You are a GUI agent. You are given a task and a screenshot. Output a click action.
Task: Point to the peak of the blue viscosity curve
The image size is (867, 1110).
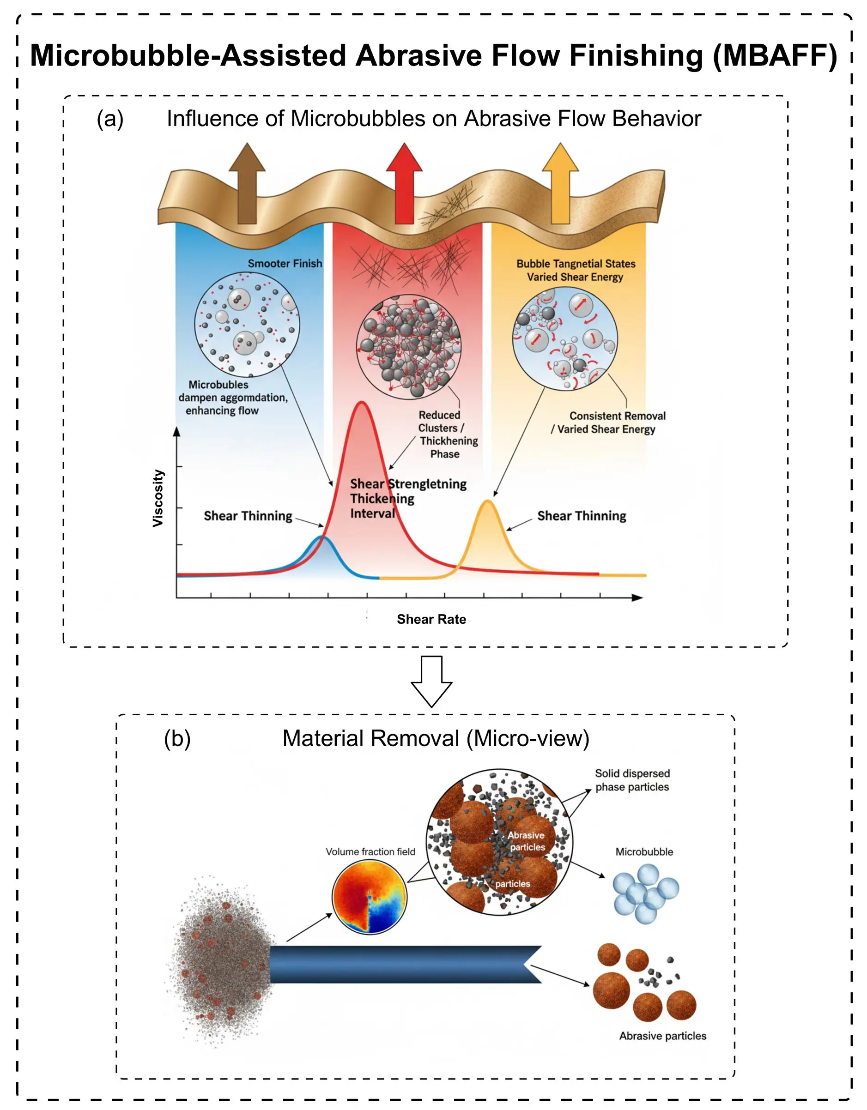click(x=321, y=537)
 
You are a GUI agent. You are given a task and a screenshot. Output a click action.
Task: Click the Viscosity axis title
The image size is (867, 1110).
click(x=158, y=498)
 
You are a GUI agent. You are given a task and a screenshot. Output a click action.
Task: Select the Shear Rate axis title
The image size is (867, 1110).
click(x=431, y=619)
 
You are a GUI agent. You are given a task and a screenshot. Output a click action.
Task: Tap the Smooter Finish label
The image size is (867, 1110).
click(x=285, y=263)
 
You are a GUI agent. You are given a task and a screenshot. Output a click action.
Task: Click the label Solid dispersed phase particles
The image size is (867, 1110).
click(x=632, y=780)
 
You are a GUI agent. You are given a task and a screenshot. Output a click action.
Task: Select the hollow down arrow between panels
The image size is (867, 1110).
click(x=431, y=681)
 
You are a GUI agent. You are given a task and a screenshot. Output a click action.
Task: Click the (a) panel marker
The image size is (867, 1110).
click(x=110, y=119)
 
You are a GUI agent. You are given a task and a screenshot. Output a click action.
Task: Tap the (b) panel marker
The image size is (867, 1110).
click(x=177, y=738)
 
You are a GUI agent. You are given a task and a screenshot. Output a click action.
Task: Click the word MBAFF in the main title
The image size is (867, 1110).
click(x=775, y=55)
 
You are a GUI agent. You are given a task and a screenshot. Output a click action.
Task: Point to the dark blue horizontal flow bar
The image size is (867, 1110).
click(x=402, y=964)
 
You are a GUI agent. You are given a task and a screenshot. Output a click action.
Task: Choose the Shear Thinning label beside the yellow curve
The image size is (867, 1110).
click(x=581, y=516)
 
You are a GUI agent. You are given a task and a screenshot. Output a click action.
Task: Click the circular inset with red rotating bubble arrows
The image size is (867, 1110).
click(x=565, y=338)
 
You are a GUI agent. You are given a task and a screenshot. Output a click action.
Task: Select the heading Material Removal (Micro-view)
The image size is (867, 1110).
click(x=436, y=738)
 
